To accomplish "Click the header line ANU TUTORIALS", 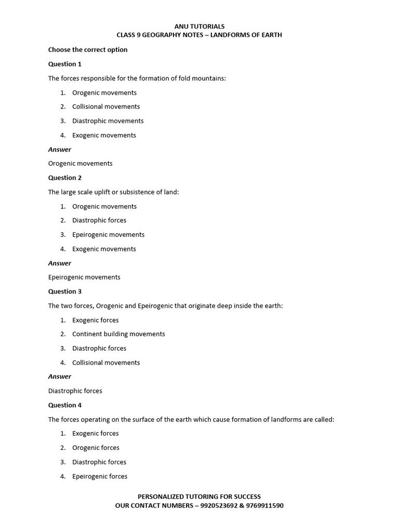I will point(199,26).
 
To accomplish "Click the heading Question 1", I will point(65,64).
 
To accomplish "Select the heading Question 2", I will point(65,178).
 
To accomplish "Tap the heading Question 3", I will point(65,291).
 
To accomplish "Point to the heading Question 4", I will point(65,405).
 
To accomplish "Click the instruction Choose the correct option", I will point(88,50).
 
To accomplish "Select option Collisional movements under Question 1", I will point(106,107).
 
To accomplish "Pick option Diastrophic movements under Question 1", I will point(108,121).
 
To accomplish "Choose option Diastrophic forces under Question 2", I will point(99,220).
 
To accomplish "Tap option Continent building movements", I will point(118,334).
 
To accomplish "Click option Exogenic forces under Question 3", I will point(96,320).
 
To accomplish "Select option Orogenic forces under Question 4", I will point(96,448).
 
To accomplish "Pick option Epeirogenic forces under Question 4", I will point(100,476).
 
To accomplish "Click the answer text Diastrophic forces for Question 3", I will point(75,391).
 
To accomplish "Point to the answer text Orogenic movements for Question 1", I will point(80,163).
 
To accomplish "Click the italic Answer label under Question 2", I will point(60,263).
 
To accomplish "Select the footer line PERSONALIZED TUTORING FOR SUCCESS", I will point(199,497).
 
